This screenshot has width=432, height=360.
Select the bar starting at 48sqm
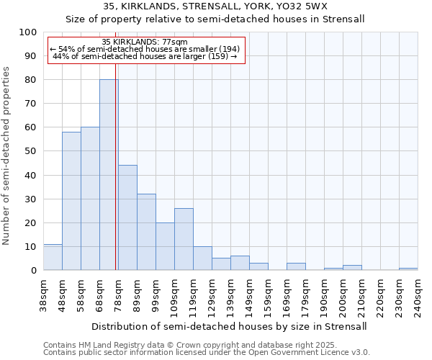tap(71, 201)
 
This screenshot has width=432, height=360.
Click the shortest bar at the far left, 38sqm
tap(53, 257)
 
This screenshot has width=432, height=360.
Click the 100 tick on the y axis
tap(28, 32)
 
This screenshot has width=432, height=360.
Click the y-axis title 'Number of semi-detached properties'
tap(7, 156)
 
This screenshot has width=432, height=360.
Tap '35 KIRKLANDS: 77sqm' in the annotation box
tap(145, 42)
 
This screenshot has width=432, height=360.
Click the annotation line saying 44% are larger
tap(145, 56)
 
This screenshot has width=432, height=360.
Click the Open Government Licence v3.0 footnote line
tap(207, 353)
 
